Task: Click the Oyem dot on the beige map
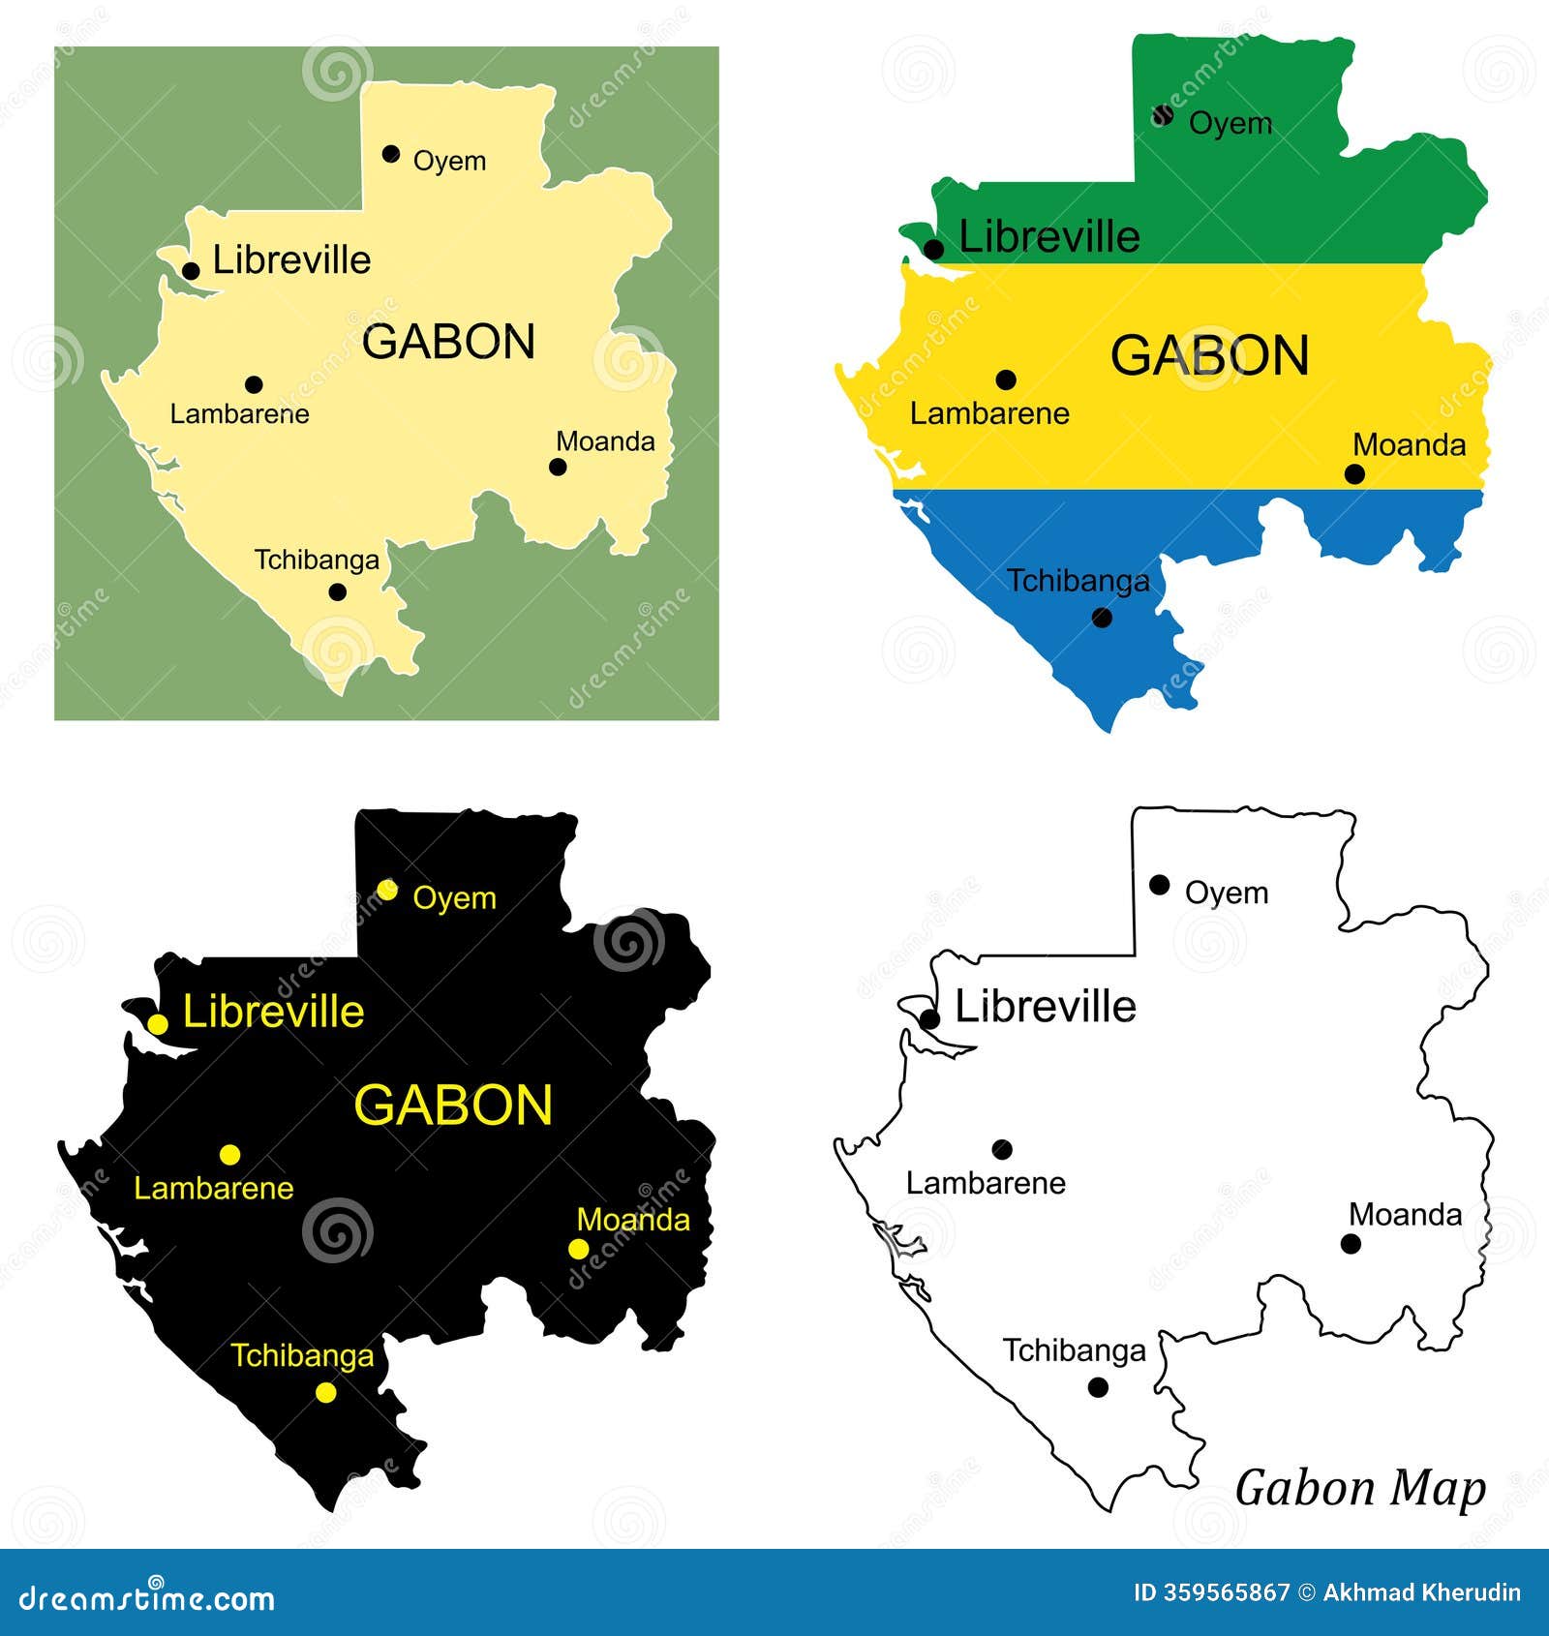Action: pos(391,154)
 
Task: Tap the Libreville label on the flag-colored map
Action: pos(1048,236)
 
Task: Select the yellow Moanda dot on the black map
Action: pos(578,1249)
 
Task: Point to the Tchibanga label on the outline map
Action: pos(1074,1349)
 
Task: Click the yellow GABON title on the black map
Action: pos(453,1105)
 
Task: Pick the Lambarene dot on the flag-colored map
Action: pos(1006,379)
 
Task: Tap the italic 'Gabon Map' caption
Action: pos(1359,1488)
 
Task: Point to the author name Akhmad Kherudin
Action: pos(1421,1592)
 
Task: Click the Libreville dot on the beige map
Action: pos(192,271)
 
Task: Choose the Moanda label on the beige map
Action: pos(605,441)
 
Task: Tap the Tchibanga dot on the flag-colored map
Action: pos(1102,618)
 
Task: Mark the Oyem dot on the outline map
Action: pos(1160,884)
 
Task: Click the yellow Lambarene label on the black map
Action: pos(213,1188)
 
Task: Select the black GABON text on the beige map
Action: pos(448,342)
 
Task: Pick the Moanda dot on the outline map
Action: pos(1351,1244)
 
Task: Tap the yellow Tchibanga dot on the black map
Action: pos(326,1392)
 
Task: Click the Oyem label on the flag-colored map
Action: pos(1230,123)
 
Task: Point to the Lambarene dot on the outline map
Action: pos(1002,1149)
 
